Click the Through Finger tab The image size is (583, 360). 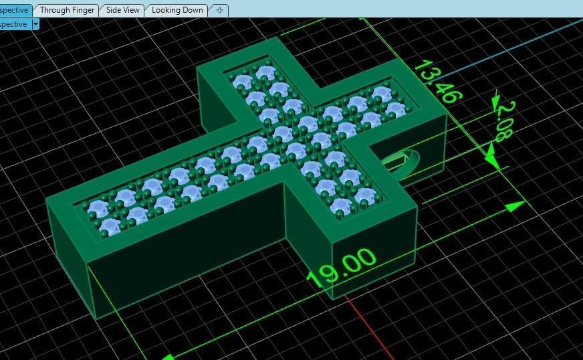coord(67,10)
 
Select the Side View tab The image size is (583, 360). coord(123,10)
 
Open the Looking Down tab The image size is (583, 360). coord(177,10)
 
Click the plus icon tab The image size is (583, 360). coord(220,10)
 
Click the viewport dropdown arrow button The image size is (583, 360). coord(35,24)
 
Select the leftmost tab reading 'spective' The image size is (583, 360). coord(14,10)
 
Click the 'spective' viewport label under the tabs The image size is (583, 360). coord(13,24)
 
